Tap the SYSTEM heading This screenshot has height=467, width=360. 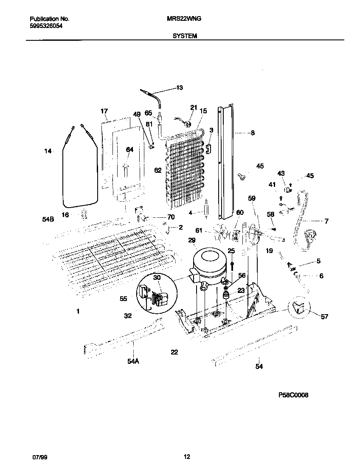coord(185,36)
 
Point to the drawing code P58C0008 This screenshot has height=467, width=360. coord(293,395)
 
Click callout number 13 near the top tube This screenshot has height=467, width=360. coord(179,88)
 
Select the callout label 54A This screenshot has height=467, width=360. coord(133,361)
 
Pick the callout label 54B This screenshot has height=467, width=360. coord(48,219)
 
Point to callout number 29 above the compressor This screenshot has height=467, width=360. coord(192,241)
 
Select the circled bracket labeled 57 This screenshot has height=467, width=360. coord(300,309)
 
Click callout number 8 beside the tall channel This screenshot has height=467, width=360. coord(252,133)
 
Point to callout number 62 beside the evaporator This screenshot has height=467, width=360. coord(158,170)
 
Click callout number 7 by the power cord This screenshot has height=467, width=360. coord(326,221)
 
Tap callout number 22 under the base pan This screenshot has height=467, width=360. coord(174,352)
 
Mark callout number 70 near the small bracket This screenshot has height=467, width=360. coord(171,217)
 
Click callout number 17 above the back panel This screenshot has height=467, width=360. coord(104,111)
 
